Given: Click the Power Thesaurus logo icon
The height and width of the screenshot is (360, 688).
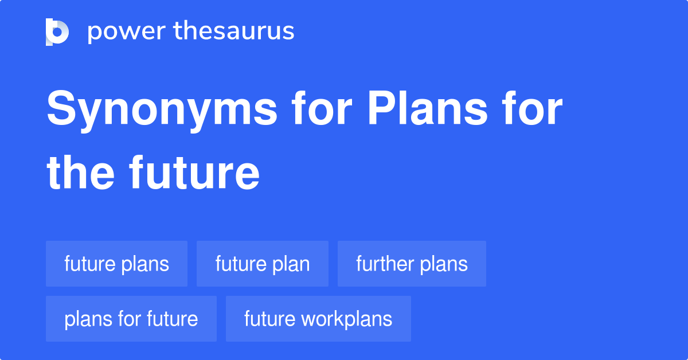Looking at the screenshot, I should click(57, 32).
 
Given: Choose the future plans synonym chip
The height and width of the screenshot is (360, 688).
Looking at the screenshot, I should click(116, 264).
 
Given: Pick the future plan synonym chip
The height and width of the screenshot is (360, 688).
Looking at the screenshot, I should click(263, 264).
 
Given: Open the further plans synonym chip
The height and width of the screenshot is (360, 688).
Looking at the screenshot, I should click(412, 264).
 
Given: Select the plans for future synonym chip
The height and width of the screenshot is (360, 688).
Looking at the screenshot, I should click(131, 319).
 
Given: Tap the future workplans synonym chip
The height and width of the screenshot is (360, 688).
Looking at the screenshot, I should click(318, 319).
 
